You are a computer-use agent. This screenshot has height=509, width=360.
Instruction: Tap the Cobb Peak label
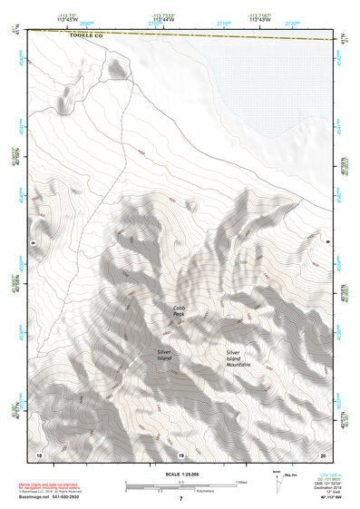(x=179, y=310)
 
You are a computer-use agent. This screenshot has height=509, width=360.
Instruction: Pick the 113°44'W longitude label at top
(x=163, y=17)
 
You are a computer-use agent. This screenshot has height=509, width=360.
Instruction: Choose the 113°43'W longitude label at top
(x=261, y=17)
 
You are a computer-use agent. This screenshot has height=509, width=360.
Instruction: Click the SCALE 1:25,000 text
(x=180, y=475)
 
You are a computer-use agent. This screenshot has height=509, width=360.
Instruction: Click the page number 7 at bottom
(x=180, y=498)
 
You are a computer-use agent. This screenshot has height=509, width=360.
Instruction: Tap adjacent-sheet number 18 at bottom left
(x=38, y=453)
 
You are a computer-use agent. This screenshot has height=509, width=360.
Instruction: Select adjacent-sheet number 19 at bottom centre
(x=180, y=453)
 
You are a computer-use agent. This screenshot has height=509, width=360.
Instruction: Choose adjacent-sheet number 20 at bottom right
(x=322, y=453)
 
